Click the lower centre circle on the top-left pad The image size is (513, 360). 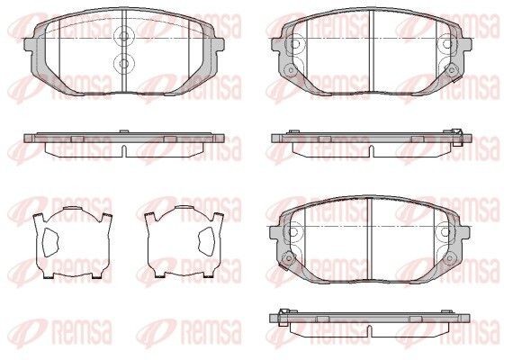click(x=123, y=62)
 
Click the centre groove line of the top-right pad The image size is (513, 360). click(x=372, y=54)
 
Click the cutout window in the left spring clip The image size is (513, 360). click(x=51, y=238)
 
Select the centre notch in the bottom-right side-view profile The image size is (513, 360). click(x=372, y=325)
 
